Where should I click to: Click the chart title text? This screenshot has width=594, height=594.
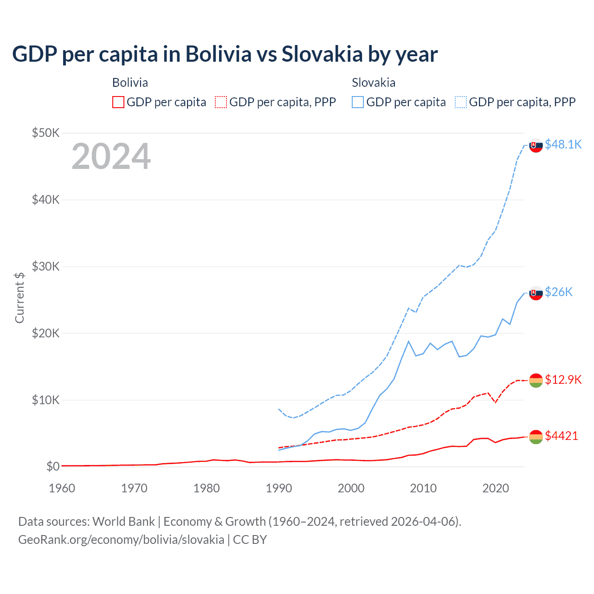click(225, 54)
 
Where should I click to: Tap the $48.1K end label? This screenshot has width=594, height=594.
click(563, 144)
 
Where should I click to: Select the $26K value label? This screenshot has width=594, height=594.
click(558, 292)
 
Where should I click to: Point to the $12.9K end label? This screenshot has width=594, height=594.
click(563, 380)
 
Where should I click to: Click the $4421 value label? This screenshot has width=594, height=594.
click(561, 436)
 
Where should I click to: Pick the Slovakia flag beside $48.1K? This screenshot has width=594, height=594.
click(536, 145)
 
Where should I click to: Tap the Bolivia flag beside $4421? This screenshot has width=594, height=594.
click(536, 437)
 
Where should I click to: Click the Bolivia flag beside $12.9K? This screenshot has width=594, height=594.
click(536, 381)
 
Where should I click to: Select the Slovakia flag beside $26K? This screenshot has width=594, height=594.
click(536, 293)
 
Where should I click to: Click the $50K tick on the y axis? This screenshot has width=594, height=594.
click(45, 133)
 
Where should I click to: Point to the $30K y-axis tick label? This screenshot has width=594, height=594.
click(45, 266)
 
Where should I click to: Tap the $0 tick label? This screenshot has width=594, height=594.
click(52, 466)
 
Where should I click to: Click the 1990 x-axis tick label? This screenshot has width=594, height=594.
click(279, 488)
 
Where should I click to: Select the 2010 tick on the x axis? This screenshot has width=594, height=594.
click(423, 488)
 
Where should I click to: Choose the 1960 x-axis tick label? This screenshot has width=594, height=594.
click(62, 488)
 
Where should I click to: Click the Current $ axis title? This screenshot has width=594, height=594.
click(19, 298)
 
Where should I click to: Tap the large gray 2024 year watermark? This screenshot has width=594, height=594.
click(111, 157)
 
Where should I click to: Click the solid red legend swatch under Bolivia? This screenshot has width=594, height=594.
click(118, 102)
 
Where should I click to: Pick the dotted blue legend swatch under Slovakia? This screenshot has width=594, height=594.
click(461, 102)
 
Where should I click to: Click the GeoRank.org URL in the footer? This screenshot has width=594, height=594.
click(121, 540)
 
